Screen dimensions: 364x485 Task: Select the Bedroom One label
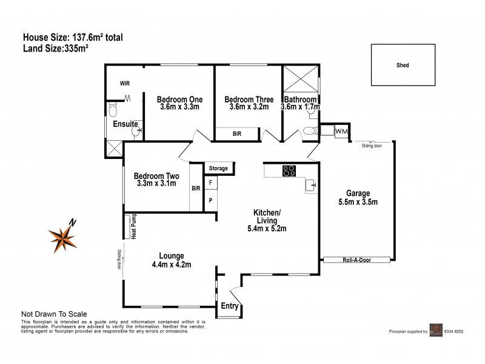point(179,99)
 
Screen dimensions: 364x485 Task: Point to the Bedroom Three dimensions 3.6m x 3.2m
point(249,107)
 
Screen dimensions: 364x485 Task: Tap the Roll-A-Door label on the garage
point(356,260)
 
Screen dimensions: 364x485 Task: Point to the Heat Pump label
point(129,226)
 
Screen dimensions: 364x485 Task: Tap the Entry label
point(230,306)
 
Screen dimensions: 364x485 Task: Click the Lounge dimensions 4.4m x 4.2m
point(172,265)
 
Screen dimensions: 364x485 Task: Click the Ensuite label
point(125,124)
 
